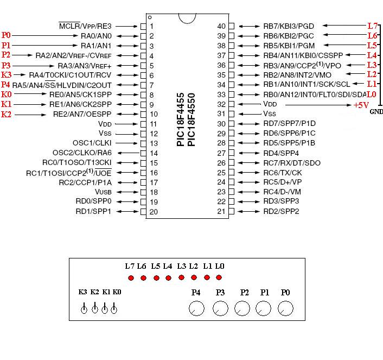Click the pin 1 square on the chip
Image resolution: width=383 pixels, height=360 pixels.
tap(143, 26)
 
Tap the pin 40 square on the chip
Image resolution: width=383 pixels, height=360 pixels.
tap(232, 26)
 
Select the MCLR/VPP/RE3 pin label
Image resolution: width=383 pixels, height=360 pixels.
tap(85, 26)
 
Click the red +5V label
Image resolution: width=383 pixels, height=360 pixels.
tap(362, 105)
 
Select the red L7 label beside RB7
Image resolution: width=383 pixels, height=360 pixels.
tap(372, 26)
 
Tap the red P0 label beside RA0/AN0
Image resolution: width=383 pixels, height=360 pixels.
tap(6, 35)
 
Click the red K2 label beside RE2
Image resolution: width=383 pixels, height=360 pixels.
tap(6, 114)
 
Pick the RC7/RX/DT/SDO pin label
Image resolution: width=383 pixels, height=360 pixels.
tap(292, 162)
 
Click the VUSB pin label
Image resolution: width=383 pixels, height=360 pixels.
tap(104, 192)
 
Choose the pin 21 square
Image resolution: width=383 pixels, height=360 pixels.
tap(232, 211)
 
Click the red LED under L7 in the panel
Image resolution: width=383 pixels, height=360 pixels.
tap(130, 278)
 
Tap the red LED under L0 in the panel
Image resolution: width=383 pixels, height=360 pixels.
tap(219, 278)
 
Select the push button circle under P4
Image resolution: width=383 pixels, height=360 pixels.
tap(196, 308)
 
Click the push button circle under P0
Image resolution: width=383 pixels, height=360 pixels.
tap(285, 308)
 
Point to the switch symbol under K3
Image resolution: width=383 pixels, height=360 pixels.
tap(84, 310)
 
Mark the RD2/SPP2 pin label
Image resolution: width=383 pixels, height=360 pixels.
tap(281, 211)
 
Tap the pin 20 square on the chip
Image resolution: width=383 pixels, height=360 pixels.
tap(143, 211)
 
